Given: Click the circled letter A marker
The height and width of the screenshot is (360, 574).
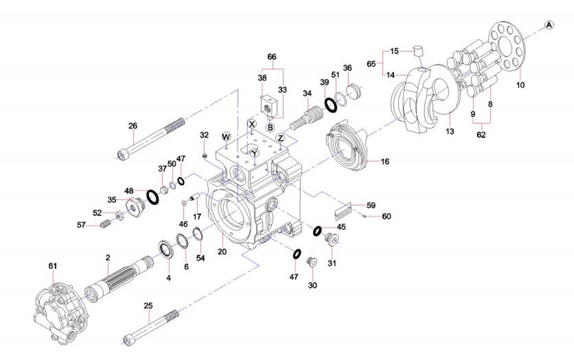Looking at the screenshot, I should point(549,24).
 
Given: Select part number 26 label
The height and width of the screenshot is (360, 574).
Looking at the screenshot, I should point(133,126).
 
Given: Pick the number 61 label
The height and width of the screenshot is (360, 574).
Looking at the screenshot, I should point(53,266).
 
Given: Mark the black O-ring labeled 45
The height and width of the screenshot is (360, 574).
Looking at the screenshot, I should point(318,231).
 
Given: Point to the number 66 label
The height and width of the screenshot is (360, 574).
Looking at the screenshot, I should point(272,57).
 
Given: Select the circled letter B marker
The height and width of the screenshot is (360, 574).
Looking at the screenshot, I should point(271,128).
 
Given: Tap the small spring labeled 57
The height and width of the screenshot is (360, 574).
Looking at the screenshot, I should point(106,224).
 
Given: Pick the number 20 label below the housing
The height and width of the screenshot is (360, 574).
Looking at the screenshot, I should point(222,252).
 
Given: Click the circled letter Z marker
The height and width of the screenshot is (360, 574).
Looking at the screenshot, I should point(280,137).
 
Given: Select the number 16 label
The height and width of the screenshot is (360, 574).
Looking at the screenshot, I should point(384,162).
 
